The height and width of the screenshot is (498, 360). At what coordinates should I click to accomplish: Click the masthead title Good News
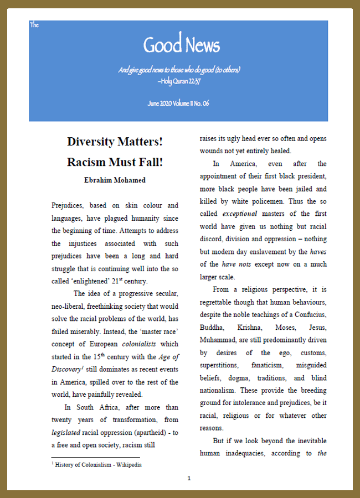182,45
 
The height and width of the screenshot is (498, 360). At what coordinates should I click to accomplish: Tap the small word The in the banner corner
34,25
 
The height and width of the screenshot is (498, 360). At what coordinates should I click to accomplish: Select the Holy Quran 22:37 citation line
178,81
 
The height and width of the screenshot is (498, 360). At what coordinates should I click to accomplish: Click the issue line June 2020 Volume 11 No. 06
178,103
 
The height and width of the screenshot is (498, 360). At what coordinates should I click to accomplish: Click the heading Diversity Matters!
115,142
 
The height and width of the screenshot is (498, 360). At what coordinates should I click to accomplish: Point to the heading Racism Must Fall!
115,163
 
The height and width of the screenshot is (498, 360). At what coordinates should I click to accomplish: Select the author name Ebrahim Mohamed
115,180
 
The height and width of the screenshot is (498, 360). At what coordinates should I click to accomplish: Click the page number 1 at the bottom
189,478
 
